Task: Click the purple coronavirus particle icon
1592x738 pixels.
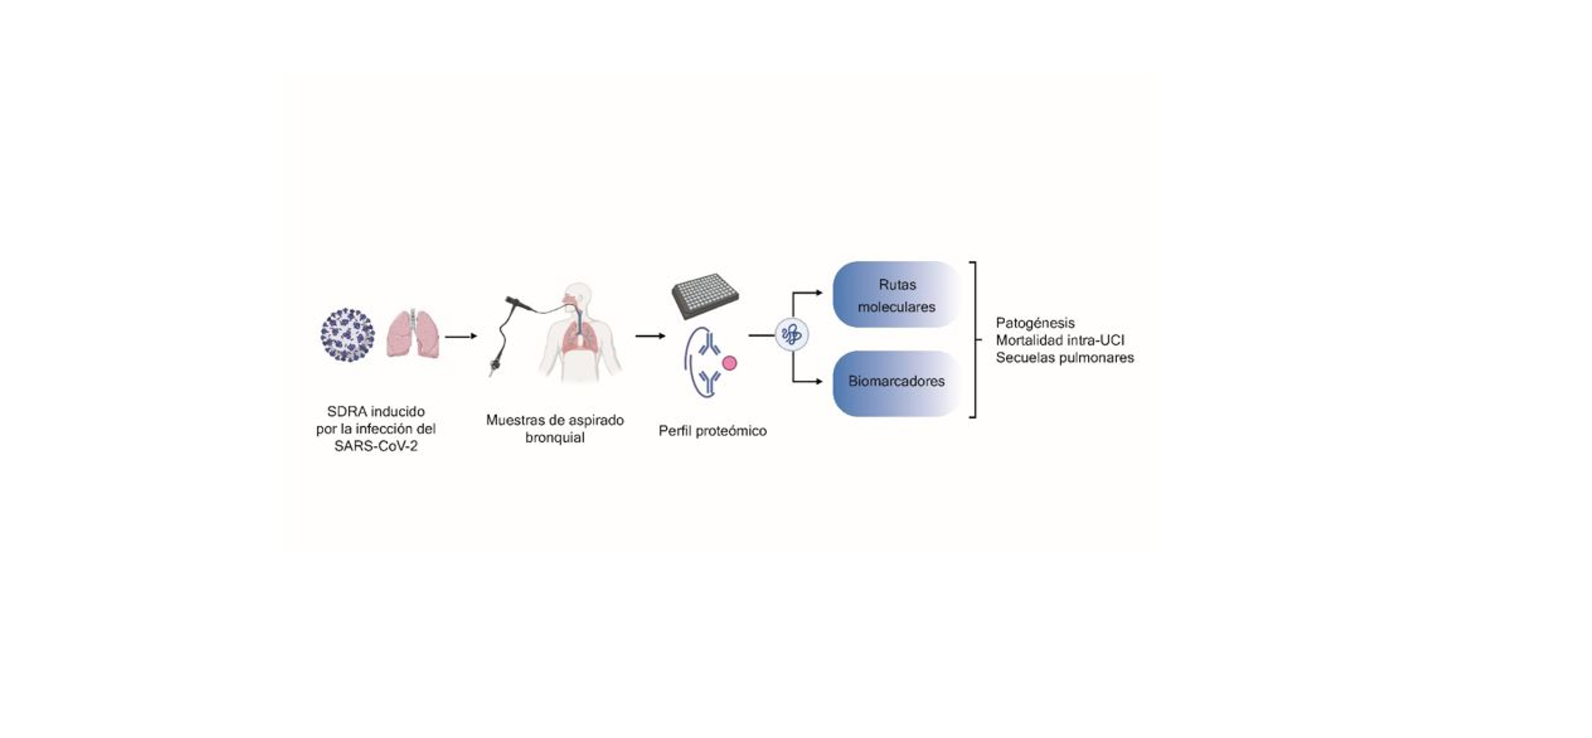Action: [347, 335]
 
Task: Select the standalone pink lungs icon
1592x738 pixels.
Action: [414, 334]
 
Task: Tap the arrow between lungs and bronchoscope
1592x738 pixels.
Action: [461, 337]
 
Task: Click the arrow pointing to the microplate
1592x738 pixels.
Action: [650, 336]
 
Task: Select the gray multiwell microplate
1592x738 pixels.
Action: [705, 296]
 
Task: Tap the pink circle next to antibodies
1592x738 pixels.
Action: [730, 363]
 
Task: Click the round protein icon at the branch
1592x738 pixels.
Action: [792, 335]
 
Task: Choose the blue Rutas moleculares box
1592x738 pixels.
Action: [896, 295]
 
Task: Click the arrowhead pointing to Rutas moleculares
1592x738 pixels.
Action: [819, 293]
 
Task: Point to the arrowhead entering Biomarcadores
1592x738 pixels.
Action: [819, 382]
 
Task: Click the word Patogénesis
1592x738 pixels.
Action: [1035, 323]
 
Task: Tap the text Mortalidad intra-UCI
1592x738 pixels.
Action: [1060, 340]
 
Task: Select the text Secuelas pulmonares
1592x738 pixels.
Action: [1065, 357]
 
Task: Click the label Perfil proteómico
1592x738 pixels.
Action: [713, 431]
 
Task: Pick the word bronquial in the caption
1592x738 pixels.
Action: [554, 438]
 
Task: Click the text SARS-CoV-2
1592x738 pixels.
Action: [376, 446]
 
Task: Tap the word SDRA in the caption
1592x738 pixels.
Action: [347, 411]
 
